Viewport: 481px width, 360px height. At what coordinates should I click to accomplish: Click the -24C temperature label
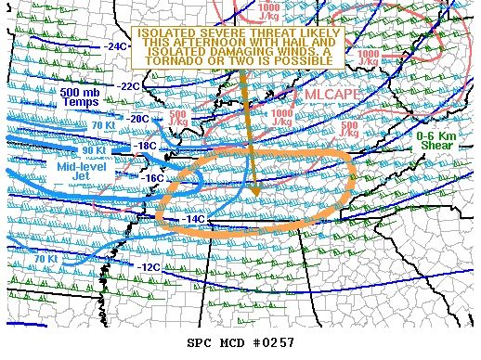[116, 46]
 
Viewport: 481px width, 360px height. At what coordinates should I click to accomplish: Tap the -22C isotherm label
[129, 86]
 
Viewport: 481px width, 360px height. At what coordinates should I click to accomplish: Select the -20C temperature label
[138, 119]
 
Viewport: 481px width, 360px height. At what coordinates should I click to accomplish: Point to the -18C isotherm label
[146, 146]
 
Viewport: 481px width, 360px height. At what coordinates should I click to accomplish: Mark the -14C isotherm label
[193, 219]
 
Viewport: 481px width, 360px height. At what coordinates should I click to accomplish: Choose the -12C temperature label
[149, 267]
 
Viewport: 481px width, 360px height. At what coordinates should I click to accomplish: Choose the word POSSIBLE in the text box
[298, 60]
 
